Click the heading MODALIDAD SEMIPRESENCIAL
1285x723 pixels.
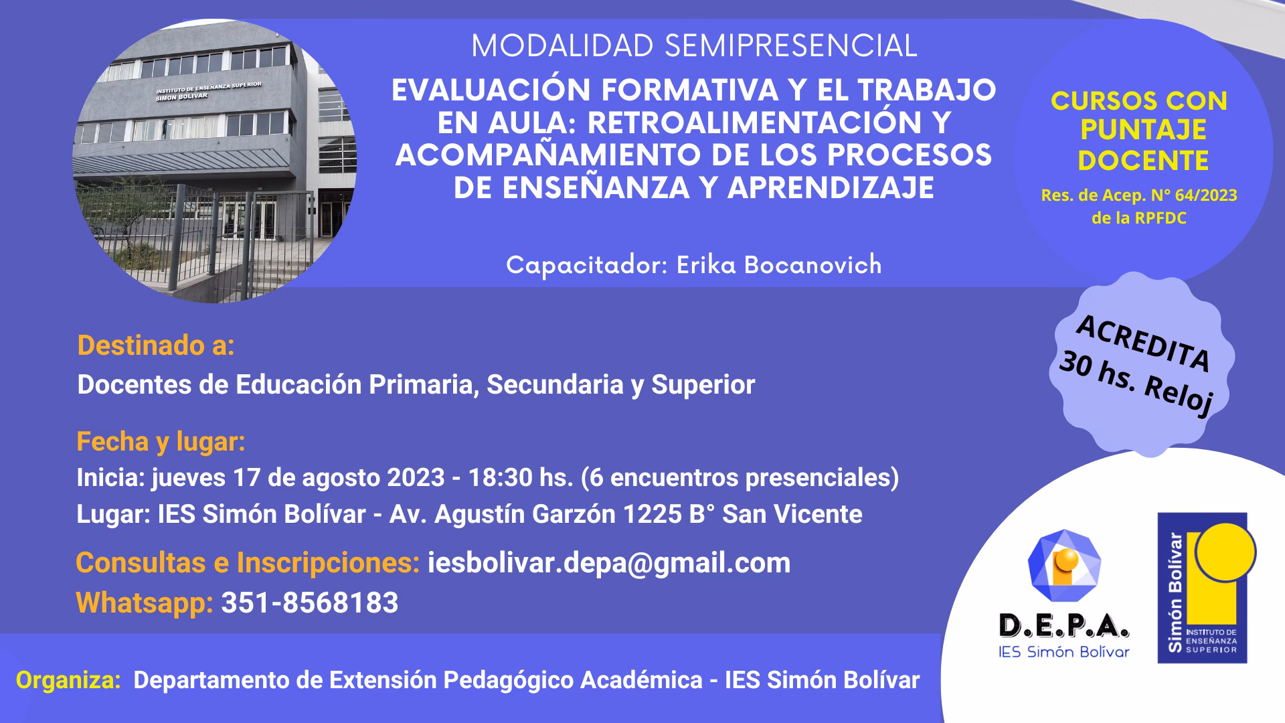[x=694, y=46]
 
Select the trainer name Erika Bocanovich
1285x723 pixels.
[x=779, y=265]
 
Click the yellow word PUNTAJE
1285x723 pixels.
[x=1143, y=130]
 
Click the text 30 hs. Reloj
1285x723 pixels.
[x=1136, y=383]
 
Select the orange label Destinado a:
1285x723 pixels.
[x=156, y=345]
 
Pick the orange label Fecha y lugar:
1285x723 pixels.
[x=161, y=442]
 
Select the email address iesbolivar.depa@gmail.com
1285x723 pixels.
[x=609, y=563]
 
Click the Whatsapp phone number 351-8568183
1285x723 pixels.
[x=310, y=602]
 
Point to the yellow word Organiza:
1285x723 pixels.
[x=68, y=680]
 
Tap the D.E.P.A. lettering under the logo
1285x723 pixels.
[x=1063, y=626]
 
